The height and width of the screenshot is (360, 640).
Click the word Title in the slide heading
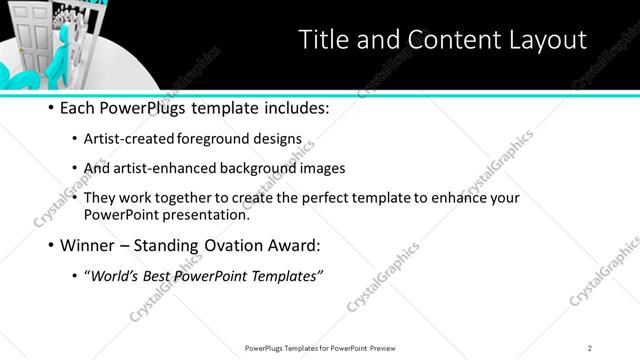[x=326, y=40]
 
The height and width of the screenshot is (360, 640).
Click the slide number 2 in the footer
[x=590, y=347]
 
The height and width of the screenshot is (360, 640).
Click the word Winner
[x=91, y=244]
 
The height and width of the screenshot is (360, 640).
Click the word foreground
[x=212, y=139]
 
